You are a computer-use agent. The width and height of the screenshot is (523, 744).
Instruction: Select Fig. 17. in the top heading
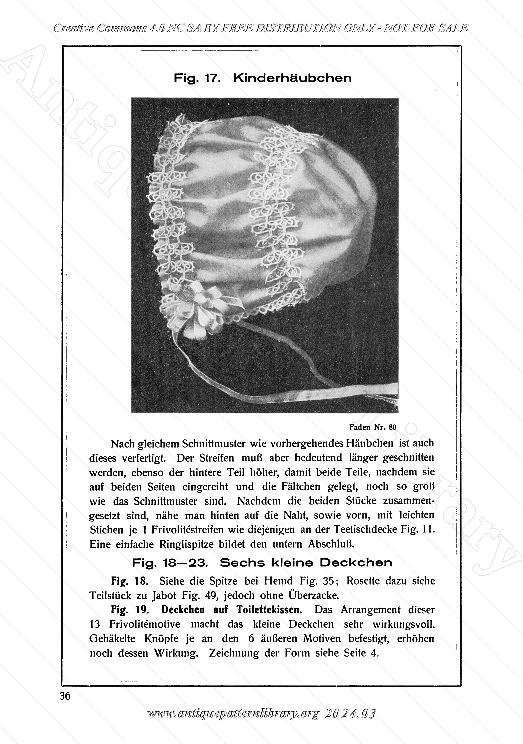(x=198, y=78)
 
